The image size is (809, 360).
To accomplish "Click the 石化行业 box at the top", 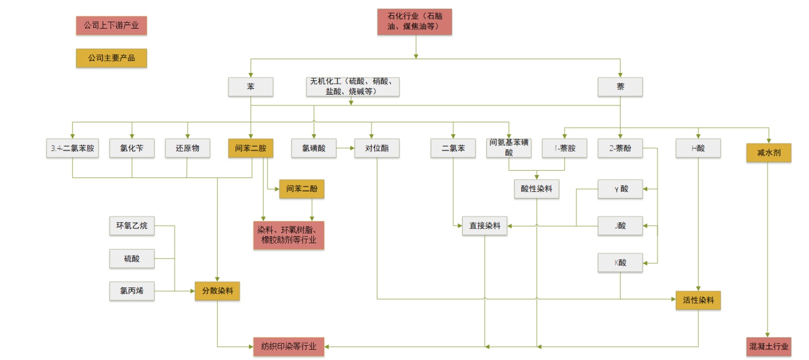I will (414, 22).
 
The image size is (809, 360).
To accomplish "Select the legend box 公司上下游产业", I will (111, 25).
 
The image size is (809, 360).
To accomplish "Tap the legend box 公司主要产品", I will (111, 58).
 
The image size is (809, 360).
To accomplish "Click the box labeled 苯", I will (251, 87).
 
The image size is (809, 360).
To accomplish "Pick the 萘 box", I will (620, 87).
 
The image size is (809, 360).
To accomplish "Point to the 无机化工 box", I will (352, 87).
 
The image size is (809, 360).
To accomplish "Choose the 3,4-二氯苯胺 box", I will (73, 148).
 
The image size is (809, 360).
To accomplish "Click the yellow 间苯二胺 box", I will (251, 148).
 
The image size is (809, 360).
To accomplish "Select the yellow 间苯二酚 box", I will (301, 189).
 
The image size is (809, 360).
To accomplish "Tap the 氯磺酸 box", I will (313, 148).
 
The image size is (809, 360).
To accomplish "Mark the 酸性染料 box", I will (536, 189).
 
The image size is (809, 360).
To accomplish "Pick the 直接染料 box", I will (484, 226).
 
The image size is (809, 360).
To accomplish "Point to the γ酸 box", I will (620, 189).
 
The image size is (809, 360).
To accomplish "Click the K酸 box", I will (620, 262).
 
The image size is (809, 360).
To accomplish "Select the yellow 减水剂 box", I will (768, 153).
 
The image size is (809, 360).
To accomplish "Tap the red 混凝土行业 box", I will (768, 347).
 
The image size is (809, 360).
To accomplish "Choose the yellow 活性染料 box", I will (698, 300).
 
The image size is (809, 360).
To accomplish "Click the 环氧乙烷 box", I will (132, 226).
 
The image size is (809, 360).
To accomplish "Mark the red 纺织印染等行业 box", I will (288, 347).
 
